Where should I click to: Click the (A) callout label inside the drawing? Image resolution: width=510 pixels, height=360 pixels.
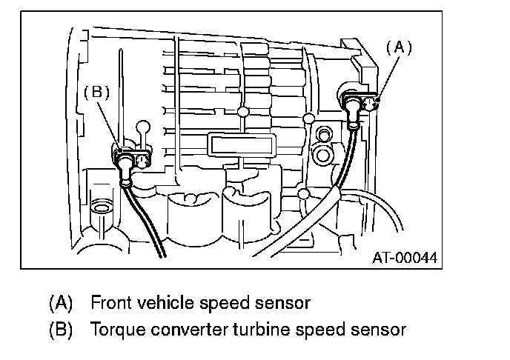point(399,47)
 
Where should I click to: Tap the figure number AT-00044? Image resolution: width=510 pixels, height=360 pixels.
point(405,258)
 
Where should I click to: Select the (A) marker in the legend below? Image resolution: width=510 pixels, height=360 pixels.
point(61,303)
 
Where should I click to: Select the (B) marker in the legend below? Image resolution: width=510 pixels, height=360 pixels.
point(61,328)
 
